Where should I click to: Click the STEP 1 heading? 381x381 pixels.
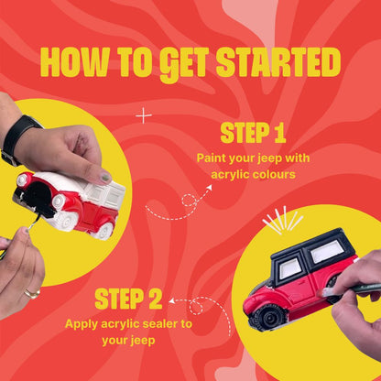(254, 135)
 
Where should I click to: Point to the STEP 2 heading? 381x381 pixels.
(129, 299)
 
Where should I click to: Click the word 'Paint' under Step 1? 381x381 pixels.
(212, 158)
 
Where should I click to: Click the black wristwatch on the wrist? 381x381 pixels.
(17, 137)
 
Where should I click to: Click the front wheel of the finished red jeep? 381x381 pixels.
(268, 315)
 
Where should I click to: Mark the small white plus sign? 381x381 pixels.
(143, 115)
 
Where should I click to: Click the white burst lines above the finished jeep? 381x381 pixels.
(282, 220)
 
